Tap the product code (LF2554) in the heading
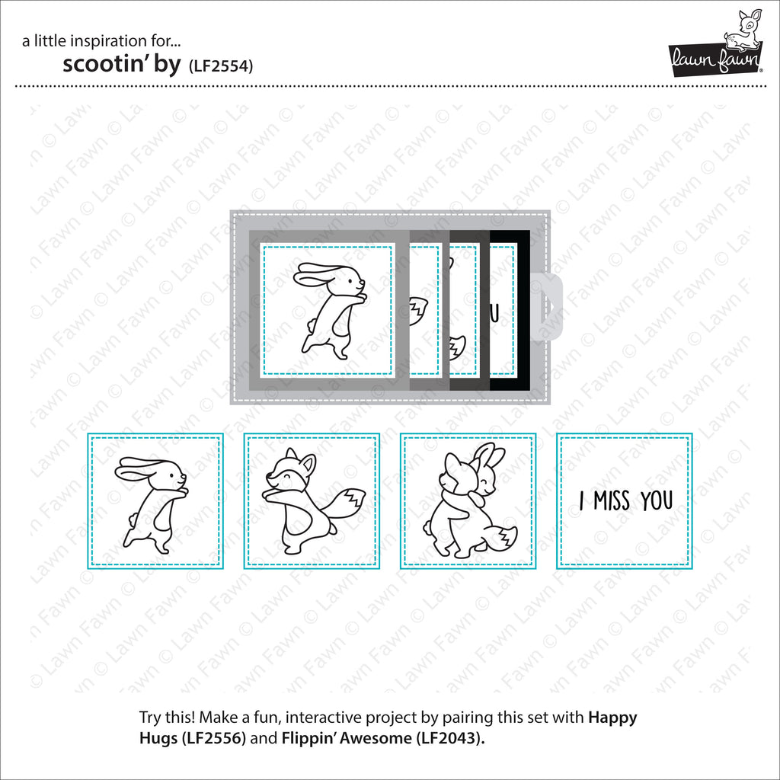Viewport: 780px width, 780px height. [x=221, y=66]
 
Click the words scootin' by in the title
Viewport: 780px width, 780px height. [x=121, y=64]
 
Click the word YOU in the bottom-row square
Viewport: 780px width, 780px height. [x=657, y=500]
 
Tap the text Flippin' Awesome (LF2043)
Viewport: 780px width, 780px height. [x=383, y=737]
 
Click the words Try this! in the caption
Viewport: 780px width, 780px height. [x=167, y=718]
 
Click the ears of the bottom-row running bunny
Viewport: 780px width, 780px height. [x=139, y=468]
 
